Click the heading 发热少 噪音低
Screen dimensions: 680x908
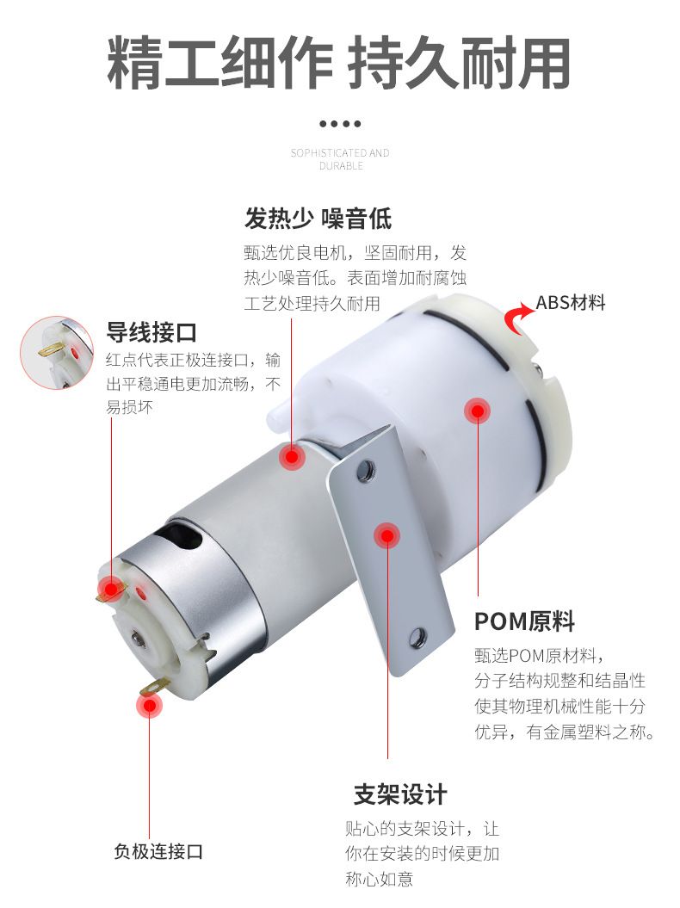[x=318, y=219]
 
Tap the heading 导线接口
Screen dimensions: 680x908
[x=151, y=332]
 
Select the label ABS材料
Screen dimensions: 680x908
[x=571, y=302]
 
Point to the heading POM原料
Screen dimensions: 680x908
[x=524, y=621]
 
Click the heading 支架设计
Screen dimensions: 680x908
[x=400, y=794]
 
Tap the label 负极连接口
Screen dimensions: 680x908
[x=158, y=851]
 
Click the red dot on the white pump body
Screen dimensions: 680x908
[x=477, y=411]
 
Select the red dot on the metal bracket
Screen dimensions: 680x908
[x=387, y=535]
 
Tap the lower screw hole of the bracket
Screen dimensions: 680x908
[x=417, y=638]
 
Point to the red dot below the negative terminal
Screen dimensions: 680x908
[x=150, y=706]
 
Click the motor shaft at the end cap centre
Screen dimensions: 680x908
[x=137, y=638]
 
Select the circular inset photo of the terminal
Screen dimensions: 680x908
[x=57, y=353]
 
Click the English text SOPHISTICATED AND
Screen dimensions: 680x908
[x=340, y=153]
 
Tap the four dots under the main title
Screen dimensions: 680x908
[x=340, y=123]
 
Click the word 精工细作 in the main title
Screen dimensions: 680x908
[x=219, y=63]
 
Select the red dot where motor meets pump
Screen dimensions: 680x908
[x=292, y=457]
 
